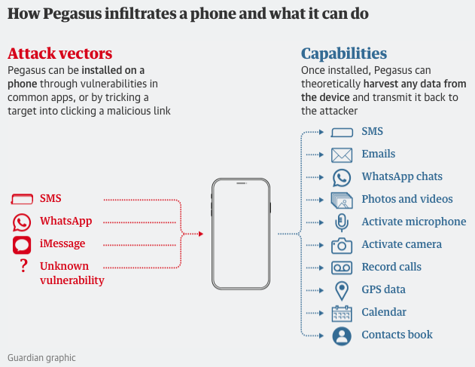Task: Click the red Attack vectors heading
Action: (60, 54)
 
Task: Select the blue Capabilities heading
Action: (344, 54)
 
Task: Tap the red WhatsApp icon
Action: (22, 222)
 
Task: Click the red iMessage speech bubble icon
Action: (22, 245)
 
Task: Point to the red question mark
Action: (23, 266)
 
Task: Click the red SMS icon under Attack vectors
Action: (22, 199)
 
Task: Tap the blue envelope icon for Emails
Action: (342, 155)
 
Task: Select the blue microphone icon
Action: (342, 222)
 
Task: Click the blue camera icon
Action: (342, 246)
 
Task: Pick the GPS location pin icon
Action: (342, 291)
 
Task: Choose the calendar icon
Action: (342, 313)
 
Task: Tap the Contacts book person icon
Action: (342, 336)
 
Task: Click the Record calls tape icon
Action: (342, 268)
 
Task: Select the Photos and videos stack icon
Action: (342, 200)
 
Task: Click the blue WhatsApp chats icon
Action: (342, 177)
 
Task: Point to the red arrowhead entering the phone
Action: (201, 234)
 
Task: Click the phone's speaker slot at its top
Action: (241, 183)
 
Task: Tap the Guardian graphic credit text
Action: (41, 358)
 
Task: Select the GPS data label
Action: (383, 289)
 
